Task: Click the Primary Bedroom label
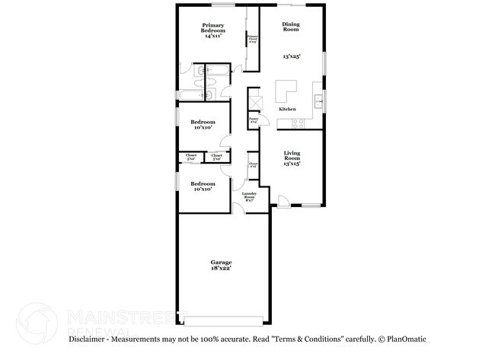[x=212, y=28]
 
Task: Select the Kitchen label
[x=287, y=110]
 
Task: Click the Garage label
[x=222, y=263]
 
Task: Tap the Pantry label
[x=254, y=119]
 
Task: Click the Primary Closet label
[x=251, y=39]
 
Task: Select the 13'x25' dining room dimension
[x=292, y=56]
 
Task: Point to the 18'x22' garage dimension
[x=222, y=269]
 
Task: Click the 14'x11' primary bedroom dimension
[x=213, y=37]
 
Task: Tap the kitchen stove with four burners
[x=299, y=123]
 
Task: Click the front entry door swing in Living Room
[x=283, y=201]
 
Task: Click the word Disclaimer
[x=88, y=339]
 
